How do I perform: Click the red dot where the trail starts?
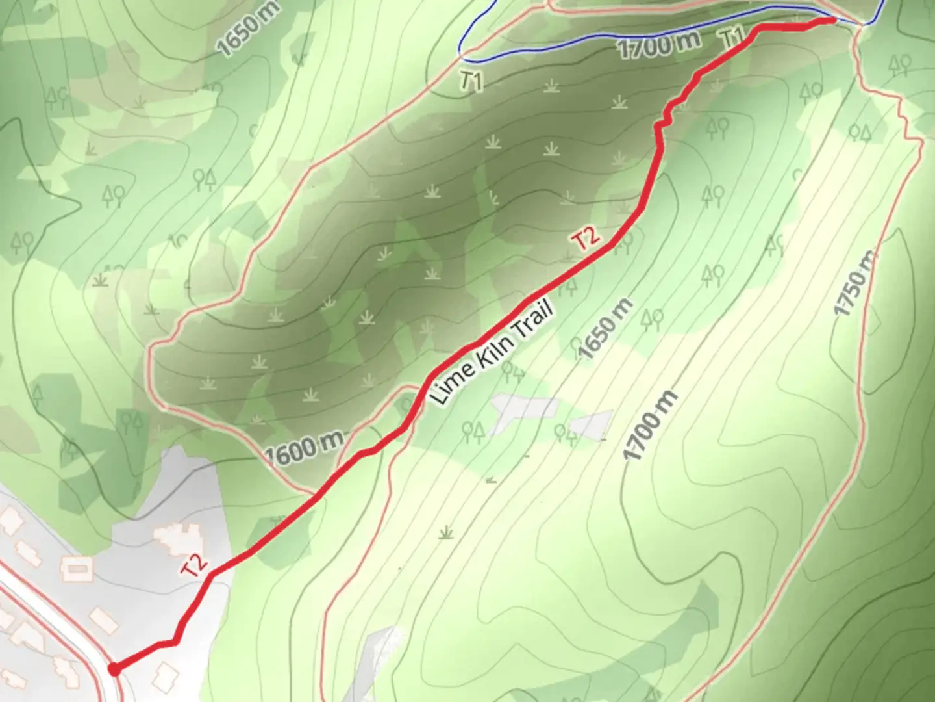click(114, 669)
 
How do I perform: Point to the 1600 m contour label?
click(305, 448)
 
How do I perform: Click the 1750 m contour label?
click(855, 284)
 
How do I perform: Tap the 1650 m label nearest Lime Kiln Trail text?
click(605, 329)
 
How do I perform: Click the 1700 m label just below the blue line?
click(658, 45)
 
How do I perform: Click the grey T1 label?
click(472, 81)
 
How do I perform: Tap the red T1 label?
click(732, 37)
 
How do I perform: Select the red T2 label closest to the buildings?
click(195, 566)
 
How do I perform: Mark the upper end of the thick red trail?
click(832, 21)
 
